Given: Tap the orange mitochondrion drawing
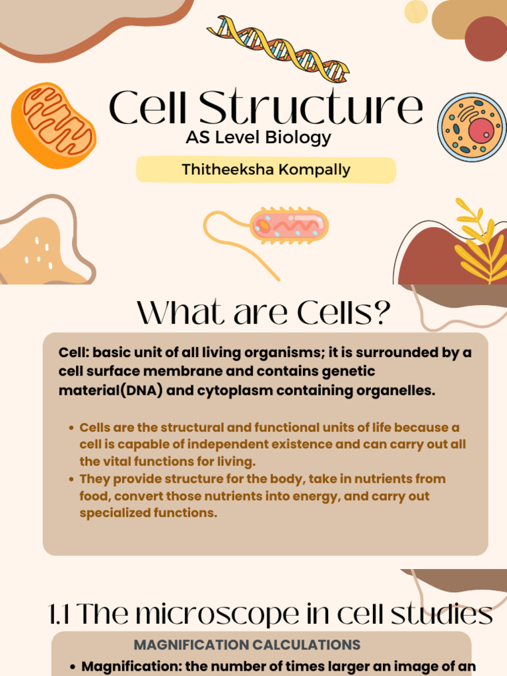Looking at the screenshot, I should pyautogui.click(x=53, y=125).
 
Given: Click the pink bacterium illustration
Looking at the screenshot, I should pyautogui.click(x=288, y=225).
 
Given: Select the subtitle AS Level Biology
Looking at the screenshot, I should pyautogui.click(x=258, y=138).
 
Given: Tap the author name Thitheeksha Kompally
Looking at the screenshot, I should pyautogui.click(x=265, y=170).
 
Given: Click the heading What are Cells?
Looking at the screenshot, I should pyautogui.click(x=264, y=314).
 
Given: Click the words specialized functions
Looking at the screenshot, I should pyautogui.click(x=148, y=513).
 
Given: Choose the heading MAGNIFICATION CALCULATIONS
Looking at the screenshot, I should pyautogui.click(x=247, y=644).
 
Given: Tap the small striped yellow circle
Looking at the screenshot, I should pyautogui.click(x=416, y=11).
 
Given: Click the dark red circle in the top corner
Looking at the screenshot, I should pyautogui.click(x=487, y=38).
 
